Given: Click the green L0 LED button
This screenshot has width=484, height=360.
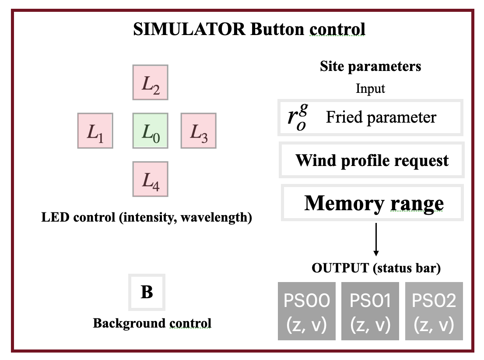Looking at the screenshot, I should [x=151, y=131].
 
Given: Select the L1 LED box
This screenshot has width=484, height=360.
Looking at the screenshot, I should [x=95, y=131].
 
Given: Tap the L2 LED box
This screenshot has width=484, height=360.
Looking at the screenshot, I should [x=151, y=82].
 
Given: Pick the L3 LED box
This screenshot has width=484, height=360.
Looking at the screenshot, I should [x=198, y=131].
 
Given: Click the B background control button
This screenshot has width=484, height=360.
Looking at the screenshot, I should [x=147, y=292].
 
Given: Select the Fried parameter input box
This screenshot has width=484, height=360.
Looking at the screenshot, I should [x=370, y=117].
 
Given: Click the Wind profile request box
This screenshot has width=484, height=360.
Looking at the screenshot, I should [x=372, y=160].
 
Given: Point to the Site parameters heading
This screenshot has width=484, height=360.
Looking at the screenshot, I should [x=370, y=66].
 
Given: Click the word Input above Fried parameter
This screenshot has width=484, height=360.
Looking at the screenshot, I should [x=370, y=88].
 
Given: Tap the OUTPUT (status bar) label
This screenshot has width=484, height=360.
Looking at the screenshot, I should [x=376, y=268].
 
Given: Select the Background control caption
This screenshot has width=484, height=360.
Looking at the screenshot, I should [x=152, y=324].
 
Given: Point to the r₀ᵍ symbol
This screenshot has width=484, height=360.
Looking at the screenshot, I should [x=296, y=118].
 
